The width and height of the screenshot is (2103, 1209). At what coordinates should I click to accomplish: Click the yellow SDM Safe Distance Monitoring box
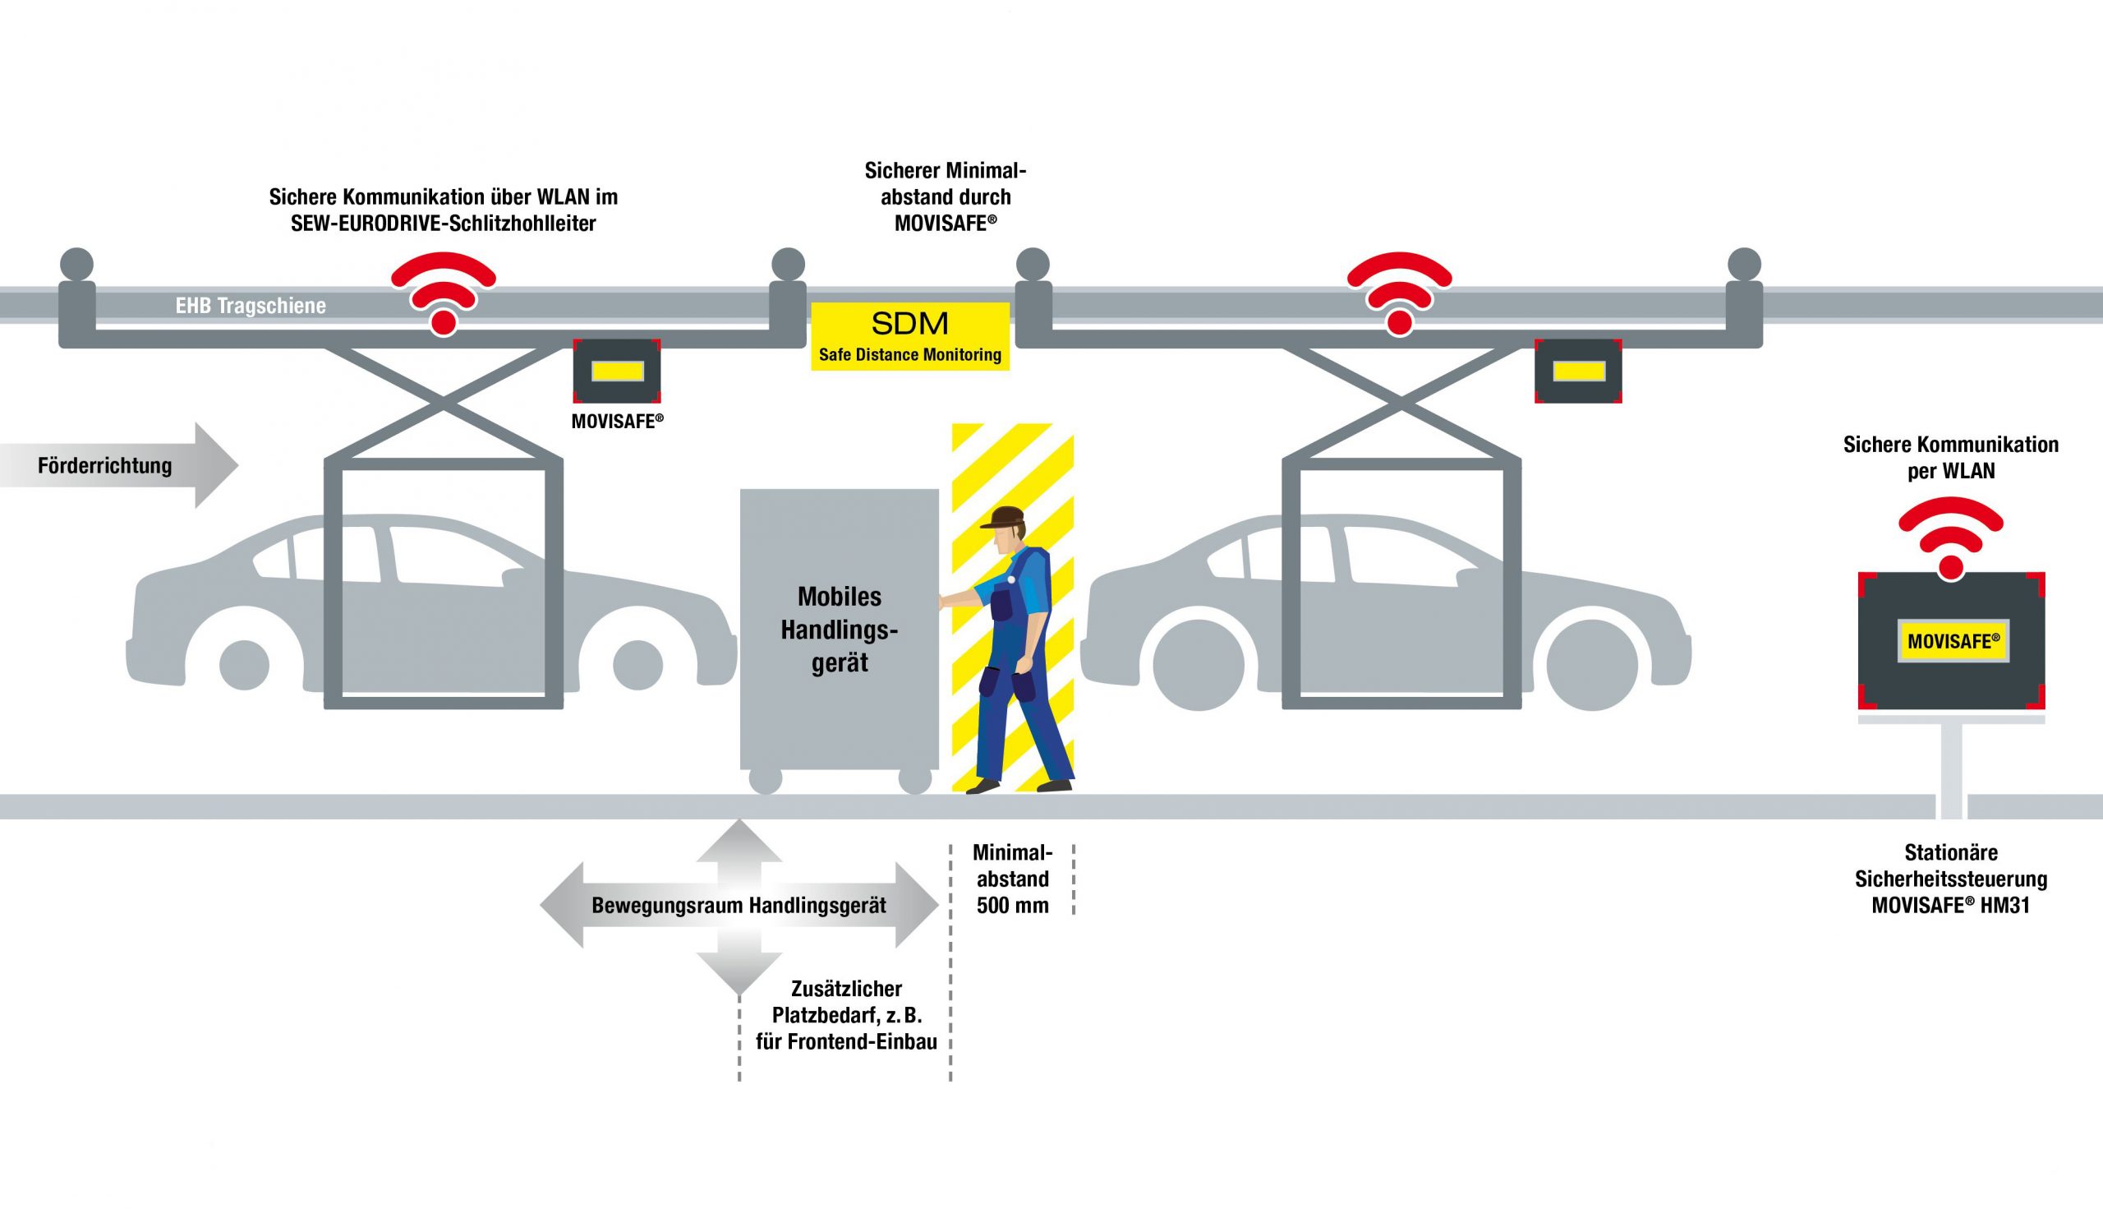909,335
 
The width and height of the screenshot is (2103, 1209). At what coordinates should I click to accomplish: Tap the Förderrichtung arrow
116,465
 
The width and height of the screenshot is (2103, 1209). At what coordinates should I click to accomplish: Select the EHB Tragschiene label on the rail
251,306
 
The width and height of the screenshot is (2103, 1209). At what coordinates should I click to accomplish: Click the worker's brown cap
1003,516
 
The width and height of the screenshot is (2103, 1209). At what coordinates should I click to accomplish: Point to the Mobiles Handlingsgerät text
839,630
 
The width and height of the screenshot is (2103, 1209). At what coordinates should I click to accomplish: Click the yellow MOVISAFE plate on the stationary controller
1953,641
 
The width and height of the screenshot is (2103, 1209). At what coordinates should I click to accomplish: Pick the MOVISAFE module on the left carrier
618,371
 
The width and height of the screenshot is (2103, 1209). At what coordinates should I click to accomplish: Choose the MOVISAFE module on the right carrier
1578,371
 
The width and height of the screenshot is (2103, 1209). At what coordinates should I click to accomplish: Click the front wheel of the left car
637,664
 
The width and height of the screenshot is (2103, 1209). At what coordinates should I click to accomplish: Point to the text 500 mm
1013,905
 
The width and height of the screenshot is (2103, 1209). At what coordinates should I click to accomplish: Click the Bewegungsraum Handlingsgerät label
739,905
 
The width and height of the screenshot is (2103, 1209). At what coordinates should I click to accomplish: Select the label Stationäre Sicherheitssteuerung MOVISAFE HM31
1950,879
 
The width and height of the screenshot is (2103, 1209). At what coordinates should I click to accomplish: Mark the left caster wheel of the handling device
765,781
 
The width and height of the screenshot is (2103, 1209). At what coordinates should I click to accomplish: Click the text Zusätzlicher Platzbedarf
846,1002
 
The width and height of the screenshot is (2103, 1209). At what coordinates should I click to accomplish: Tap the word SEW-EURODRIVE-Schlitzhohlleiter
443,224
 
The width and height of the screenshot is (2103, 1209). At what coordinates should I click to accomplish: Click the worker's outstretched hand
945,602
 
